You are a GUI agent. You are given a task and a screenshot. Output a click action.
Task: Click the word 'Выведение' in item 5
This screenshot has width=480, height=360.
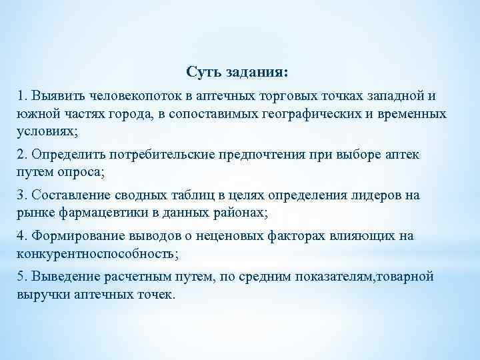62,277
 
